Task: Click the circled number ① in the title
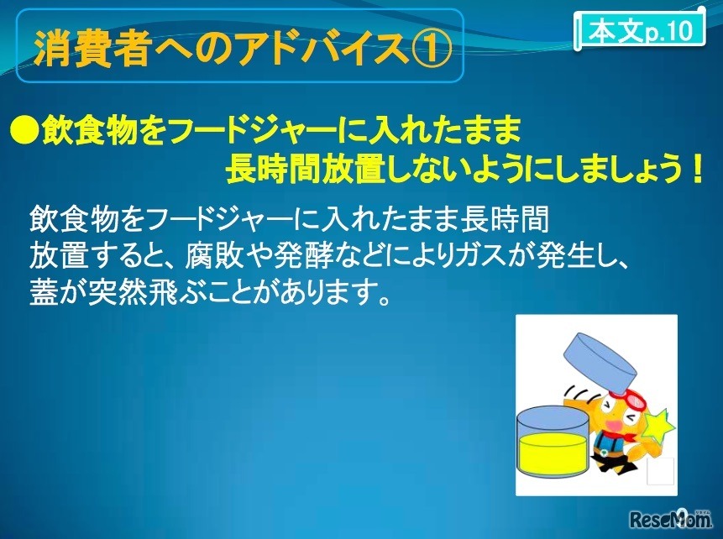pyautogui.click(x=430, y=49)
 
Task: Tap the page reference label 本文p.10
pyautogui.click(x=641, y=30)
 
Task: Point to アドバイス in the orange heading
pyautogui.click(x=322, y=49)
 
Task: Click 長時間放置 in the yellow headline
pyautogui.click(x=305, y=169)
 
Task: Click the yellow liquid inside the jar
pyautogui.click(x=553, y=453)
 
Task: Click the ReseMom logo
pyautogui.click(x=670, y=519)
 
